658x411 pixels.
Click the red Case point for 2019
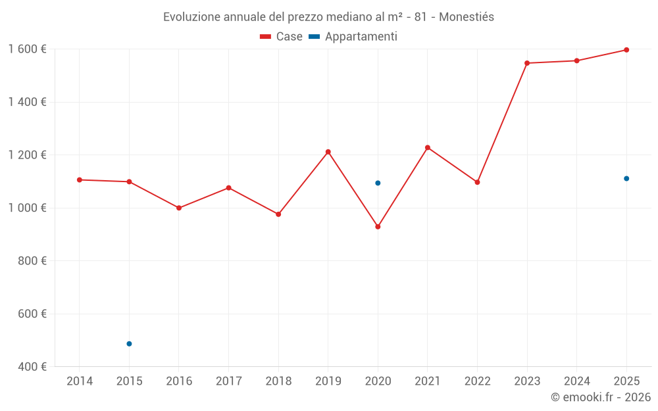pos(328,152)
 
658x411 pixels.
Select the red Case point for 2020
pos(378,227)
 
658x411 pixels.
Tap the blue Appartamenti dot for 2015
pos(129,344)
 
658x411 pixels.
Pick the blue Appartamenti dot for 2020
pos(378,183)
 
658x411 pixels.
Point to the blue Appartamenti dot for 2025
pos(626,179)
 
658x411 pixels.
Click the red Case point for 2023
pos(527,63)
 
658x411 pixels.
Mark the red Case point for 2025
pos(626,50)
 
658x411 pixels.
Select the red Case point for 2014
pos(80,180)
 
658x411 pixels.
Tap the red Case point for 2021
pos(428,147)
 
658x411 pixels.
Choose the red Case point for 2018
pos(278,214)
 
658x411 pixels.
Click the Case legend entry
pos(282,37)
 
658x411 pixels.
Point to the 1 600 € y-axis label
pos(27,49)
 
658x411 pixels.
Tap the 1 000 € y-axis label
pos(27,208)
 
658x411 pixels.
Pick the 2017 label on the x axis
pos(228,381)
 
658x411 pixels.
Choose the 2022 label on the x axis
pos(477,381)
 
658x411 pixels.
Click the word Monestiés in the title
pos(466,17)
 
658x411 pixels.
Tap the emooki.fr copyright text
pos(601,397)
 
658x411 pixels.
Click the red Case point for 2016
pos(179,208)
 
